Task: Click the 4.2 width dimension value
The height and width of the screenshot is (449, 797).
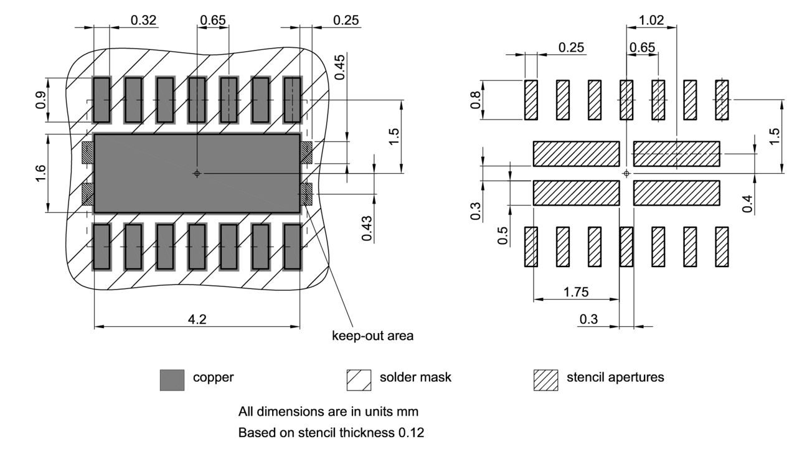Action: [x=197, y=319]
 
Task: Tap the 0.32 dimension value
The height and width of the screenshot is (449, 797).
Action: [x=143, y=20]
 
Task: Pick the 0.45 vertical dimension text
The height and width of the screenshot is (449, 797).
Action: [x=339, y=67]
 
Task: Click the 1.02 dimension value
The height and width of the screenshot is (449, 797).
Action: [x=651, y=20]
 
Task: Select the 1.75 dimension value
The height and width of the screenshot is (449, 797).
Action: [x=576, y=291]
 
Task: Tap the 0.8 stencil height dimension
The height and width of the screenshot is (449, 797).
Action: [x=476, y=100]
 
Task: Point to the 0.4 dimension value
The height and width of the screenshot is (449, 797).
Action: [x=748, y=203]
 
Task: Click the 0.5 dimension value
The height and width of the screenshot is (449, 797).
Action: [x=503, y=235]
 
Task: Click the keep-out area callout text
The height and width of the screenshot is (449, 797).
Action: [x=372, y=336]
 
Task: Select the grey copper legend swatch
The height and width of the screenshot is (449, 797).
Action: [x=172, y=380]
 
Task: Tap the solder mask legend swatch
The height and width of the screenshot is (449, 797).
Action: [x=359, y=380]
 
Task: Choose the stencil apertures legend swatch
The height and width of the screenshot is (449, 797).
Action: [x=545, y=380]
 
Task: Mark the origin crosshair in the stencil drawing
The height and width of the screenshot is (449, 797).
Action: [x=626, y=173]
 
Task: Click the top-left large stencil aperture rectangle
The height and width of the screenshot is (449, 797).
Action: [x=576, y=154]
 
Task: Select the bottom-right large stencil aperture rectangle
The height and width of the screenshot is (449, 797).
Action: [x=676, y=193]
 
